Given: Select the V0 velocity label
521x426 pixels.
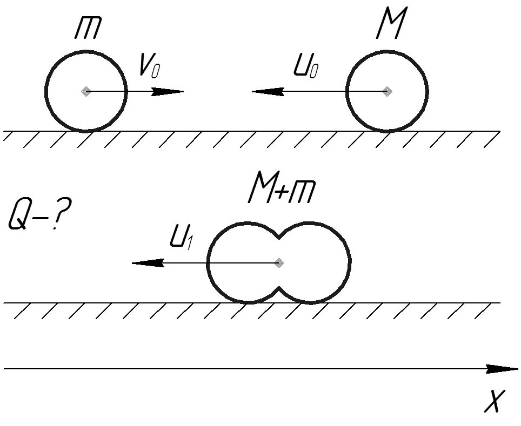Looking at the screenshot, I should [149, 67].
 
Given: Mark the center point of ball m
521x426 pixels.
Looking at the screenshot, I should [85, 91].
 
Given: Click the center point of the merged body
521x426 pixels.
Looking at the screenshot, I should [279, 263].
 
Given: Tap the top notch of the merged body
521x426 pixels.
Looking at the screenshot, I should [279, 235].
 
